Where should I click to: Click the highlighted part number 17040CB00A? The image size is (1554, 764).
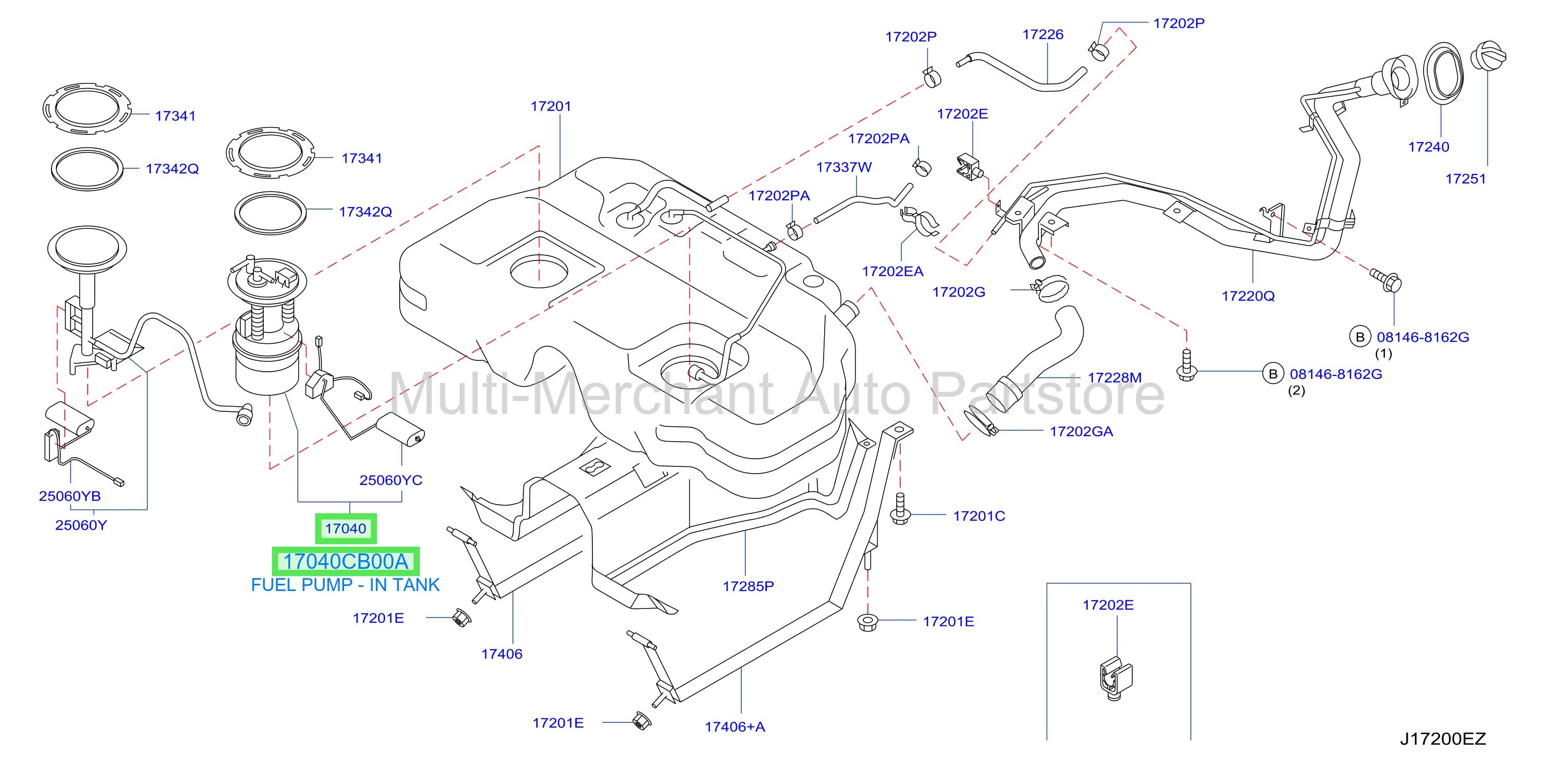coord(346,561)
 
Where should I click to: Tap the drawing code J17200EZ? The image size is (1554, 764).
coord(1443,739)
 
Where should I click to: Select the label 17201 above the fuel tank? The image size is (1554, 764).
coord(551,106)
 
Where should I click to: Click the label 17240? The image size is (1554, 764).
coord(1428,147)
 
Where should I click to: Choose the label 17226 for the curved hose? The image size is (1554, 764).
coord(1043,34)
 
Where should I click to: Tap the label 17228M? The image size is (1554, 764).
coord(1115,377)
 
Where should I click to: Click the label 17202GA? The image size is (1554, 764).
coord(1082,431)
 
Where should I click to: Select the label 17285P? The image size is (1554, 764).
coord(748,586)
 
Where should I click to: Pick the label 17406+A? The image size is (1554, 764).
coord(735,726)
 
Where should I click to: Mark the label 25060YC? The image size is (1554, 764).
coord(391,480)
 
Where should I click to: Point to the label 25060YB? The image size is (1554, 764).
coord(70,496)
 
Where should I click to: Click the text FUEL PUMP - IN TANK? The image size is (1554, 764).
coord(345,585)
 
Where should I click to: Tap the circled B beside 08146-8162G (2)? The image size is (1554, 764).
coord(1273,374)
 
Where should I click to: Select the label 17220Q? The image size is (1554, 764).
coord(1248,296)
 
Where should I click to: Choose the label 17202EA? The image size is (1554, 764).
coord(893,271)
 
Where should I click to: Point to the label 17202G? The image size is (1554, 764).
coord(959,292)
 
